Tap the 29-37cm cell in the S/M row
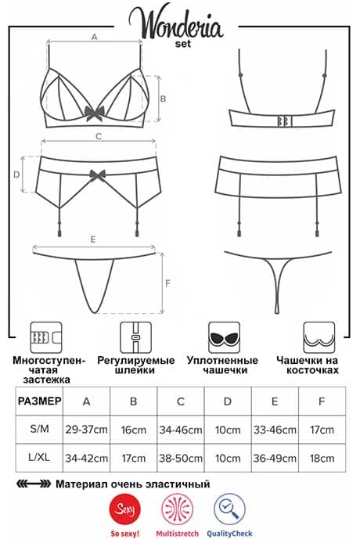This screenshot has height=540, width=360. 86,430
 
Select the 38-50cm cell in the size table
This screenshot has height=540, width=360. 181,458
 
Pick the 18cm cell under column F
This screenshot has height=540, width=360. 322,458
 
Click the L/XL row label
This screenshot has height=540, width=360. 39,457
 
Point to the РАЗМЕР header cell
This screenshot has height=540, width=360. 39,401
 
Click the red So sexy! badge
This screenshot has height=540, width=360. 124,509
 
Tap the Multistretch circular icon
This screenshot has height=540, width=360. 178,509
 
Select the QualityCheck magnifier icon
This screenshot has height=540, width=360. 229,509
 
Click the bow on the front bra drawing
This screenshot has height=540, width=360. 95,113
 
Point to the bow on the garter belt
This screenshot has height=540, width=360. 97,175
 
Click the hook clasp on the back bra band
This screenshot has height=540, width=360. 285,121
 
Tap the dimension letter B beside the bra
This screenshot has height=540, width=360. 163,99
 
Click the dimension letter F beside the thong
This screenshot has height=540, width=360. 167,283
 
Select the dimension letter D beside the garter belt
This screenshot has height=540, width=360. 16,175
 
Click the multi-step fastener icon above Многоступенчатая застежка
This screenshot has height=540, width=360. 46,337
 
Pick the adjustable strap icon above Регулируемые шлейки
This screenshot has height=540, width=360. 135,337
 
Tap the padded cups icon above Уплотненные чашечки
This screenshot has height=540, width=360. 225,337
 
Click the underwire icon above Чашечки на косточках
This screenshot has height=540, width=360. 319,337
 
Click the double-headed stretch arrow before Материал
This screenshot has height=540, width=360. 34,484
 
